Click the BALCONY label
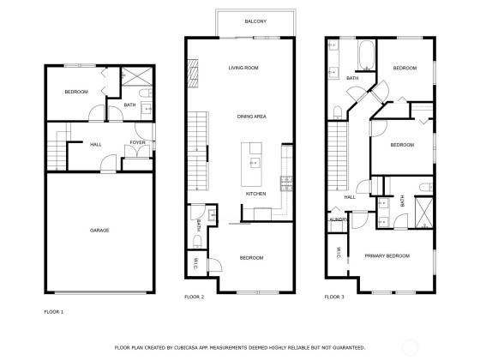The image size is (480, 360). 255,21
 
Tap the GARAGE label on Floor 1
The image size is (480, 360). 99,231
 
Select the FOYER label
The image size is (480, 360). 137,142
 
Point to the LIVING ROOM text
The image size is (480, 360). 243,68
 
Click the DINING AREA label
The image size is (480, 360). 252,117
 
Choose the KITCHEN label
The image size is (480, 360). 256,194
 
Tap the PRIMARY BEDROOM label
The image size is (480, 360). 387,256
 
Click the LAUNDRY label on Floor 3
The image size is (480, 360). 339,219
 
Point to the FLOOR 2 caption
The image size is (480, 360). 194,297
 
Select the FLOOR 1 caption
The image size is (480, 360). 53,312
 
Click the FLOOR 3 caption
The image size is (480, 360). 334,297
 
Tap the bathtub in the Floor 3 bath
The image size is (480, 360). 366,55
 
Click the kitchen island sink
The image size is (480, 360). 255,163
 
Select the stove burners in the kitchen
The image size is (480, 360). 286,183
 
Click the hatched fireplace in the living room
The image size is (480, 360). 193,73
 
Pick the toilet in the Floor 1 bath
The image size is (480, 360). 146,93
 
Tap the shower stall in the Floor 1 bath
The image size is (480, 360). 137,76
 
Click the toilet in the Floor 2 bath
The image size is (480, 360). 197,241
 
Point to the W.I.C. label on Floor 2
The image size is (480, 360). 195,264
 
